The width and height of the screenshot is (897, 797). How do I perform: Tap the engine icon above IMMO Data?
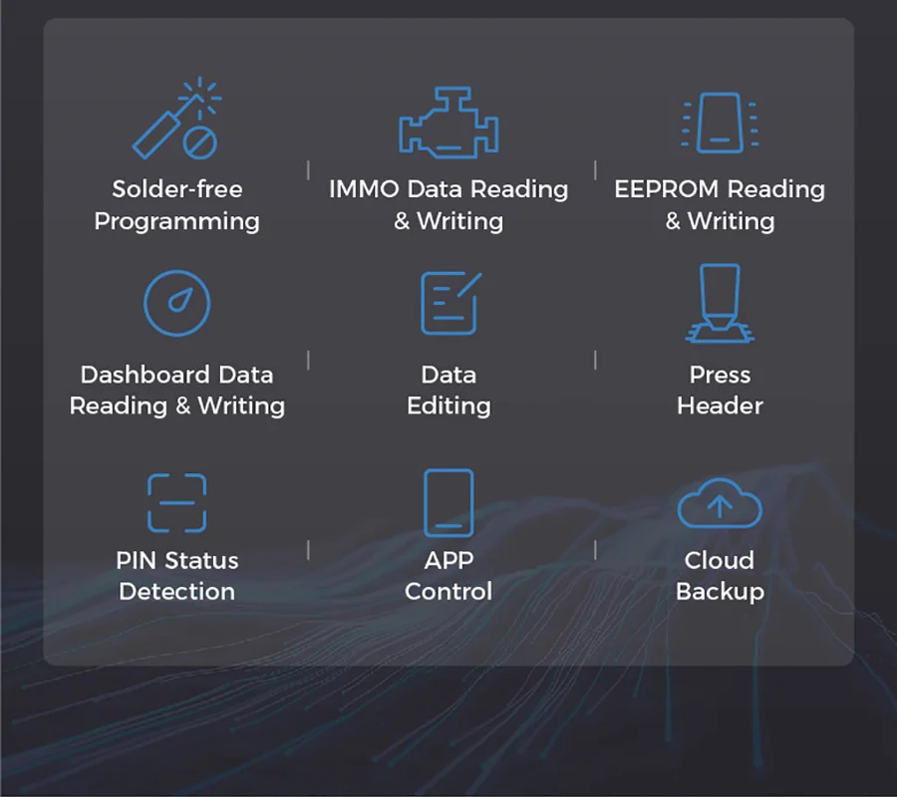pyautogui.click(x=448, y=122)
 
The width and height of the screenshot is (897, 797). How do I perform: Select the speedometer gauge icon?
pyautogui.click(x=176, y=303)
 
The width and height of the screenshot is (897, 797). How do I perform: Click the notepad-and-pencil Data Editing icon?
pyautogui.click(x=450, y=303)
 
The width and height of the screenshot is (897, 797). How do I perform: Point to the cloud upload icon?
pyautogui.click(x=719, y=503)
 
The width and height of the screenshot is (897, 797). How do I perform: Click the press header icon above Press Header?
pyautogui.click(x=720, y=303)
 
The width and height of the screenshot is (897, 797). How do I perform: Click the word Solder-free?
pyautogui.click(x=177, y=189)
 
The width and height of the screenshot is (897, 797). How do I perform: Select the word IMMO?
pyautogui.click(x=364, y=189)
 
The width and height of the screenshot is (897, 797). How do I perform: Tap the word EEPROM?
pyautogui.click(x=667, y=189)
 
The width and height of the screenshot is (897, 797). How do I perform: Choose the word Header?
pyautogui.click(x=720, y=405)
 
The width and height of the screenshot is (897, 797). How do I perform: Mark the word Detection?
pyautogui.click(x=176, y=592)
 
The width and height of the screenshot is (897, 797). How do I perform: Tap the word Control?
pyautogui.click(x=448, y=592)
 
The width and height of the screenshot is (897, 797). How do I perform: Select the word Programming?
pyautogui.click(x=176, y=222)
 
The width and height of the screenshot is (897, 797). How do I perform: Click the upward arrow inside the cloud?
pyautogui.click(x=720, y=506)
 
